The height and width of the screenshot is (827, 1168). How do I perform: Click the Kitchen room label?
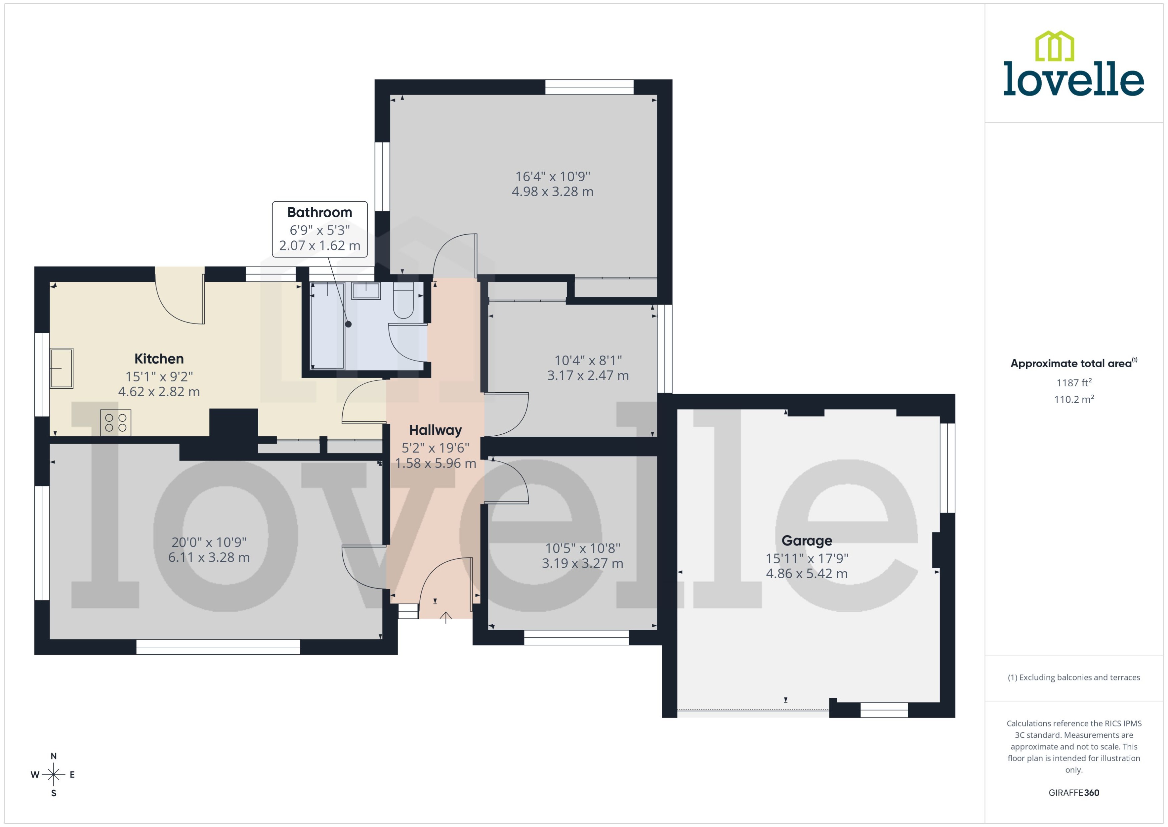pos(159,359)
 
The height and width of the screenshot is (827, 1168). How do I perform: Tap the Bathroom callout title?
pos(320,212)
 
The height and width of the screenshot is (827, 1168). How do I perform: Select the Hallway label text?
pos(435,430)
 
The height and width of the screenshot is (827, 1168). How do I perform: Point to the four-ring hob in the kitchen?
pos(115,423)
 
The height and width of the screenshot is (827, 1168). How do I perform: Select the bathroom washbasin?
pos(366,291)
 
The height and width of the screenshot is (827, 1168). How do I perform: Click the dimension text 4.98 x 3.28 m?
pos(552,192)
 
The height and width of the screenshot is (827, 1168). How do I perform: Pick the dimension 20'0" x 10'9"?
pos(209,542)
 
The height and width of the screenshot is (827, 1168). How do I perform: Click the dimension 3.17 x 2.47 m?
pos(588,376)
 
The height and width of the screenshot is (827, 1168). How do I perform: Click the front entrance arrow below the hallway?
pos(446,618)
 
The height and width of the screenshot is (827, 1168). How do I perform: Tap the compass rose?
pos(53,775)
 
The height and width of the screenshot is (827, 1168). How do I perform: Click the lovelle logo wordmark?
pos(1074,79)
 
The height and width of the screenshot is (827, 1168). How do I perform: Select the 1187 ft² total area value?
pos(1074,382)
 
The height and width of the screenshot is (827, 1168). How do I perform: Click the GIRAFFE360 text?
pos(1074,792)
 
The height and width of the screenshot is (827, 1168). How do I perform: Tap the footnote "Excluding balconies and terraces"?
pos(1074,677)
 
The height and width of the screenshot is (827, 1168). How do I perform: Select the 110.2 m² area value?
pos(1074,399)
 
